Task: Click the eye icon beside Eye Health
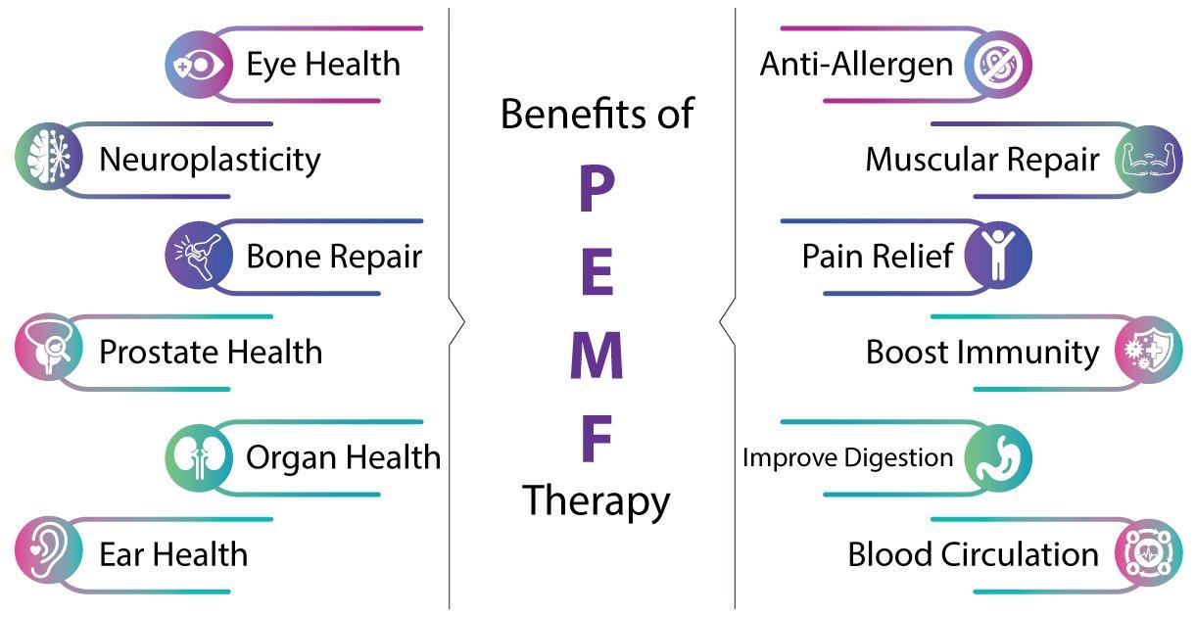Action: [x=199, y=65]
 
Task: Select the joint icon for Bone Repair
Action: [x=199, y=256]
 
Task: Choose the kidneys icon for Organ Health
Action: [x=199, y=457]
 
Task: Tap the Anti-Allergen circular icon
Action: [x=998, y=65]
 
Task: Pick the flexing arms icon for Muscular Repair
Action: [x=1149, y=160]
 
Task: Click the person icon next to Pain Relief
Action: [x=998, y=256]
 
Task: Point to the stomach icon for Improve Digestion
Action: [x=998, y=457]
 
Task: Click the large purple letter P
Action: [x=597, y=188]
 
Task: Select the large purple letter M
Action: [x=597, y=356]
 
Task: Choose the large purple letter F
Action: [x=596, y=439]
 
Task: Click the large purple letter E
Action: [x=597, y=271]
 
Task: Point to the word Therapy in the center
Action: [x=596, y=501]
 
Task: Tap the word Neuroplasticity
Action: [x=211, y=161]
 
